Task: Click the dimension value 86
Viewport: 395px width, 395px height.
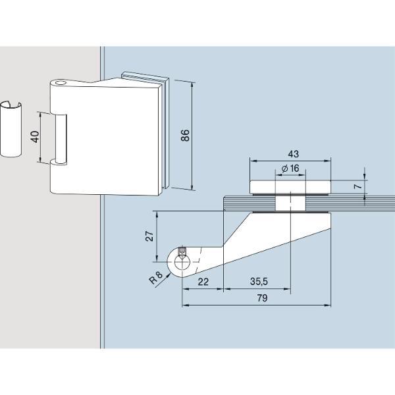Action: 186,135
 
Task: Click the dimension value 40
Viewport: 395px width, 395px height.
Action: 36,137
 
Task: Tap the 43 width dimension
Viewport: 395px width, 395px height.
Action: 293,153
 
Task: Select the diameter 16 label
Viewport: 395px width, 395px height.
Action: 290,168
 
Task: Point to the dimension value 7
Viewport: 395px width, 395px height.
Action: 357,186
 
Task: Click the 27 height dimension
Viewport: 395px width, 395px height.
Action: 149,236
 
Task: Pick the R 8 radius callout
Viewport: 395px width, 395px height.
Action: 156,277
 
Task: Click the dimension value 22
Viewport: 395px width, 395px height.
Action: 203,282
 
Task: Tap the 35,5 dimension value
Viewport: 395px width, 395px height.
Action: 259,281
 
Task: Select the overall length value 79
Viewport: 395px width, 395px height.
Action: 262,298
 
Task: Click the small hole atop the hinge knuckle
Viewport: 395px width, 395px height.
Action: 60,83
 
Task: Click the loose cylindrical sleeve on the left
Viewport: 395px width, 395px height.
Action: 11,130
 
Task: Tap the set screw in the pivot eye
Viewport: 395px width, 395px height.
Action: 182,251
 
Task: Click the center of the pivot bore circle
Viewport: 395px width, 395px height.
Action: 182,262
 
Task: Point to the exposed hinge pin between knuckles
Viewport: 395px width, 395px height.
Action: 61,139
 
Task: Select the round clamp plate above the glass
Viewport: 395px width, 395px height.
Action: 290,187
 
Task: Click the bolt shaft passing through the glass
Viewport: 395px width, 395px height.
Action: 290,203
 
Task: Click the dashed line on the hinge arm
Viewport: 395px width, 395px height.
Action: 199,260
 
